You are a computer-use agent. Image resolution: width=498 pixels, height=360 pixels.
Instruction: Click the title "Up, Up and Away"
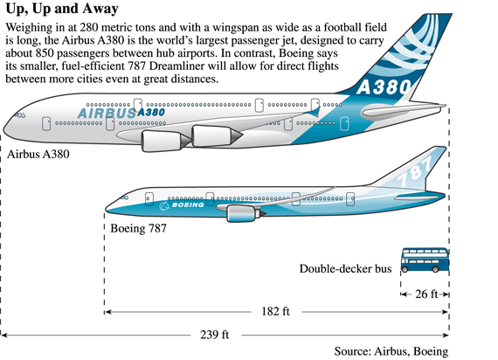coord(62,9)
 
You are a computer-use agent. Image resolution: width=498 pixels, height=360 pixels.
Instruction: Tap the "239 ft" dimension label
coord(214,335)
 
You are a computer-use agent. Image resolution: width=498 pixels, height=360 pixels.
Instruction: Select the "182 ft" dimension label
coord(275,311)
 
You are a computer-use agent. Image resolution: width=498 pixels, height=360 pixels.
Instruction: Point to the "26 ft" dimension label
coord(426,294)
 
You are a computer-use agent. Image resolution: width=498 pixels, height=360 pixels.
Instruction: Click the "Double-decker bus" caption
coord(345,269)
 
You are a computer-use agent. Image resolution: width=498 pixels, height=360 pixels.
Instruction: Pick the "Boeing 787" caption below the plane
coord(138,228)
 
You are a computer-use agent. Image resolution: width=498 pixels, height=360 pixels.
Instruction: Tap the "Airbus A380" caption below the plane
coord(38,154)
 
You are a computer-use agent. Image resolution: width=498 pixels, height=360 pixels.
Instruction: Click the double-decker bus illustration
coord(425,260)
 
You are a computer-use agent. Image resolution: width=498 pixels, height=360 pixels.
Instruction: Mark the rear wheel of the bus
coord(435,269)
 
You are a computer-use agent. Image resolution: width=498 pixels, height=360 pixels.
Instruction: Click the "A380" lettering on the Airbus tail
coord(384,87)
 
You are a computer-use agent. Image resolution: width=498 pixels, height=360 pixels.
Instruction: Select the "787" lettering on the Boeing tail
coord(415,171)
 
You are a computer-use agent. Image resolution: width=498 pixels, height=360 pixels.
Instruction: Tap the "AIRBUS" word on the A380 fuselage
coord(107,113)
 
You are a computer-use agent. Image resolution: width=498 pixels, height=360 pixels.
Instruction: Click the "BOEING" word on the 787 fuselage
coord(188,204)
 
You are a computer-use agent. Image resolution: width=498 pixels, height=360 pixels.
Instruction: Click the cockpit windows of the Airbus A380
coord(20,115)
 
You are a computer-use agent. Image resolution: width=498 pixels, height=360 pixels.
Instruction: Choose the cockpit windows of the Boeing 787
coord(124,198)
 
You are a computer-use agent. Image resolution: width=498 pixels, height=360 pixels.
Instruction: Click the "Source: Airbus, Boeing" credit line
coord(391,351)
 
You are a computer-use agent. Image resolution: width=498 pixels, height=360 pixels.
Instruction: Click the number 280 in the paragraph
coord(86,28)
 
